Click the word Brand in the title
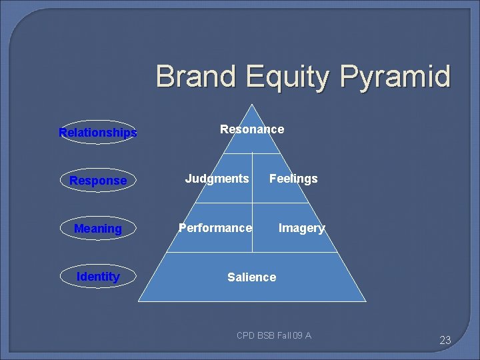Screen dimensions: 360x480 pyautogui.click(x=197, y=77)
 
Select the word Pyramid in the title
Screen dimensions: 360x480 pyautogui.click(x=395, y=77)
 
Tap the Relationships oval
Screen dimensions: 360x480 pyautogui.click(x=98, y=133)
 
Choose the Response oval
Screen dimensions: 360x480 pyautogui.click(x=98, y=181)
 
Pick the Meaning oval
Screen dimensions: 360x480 pyautogui.click(x=98, y=229)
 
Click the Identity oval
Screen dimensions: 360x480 pyautogui.click(x=98, y=277)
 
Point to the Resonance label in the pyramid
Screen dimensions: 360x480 pyautogui.click(x=252, y=129)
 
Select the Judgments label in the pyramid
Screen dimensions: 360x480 pyautogui.click(x=217, y=178)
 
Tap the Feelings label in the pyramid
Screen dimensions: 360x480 pyautogui.click(x=293, y=178)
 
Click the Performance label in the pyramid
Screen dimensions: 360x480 pyautogui.click(x=215, y=228)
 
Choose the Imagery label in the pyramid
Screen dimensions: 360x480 pyautogui.click(x=301, y=228)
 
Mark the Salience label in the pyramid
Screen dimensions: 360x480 pyautogui.click(x=251, y=277)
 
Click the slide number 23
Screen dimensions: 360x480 pyautogui.click(x=445, y=340)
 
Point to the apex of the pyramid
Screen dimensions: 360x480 pyautogui.click(x=252, y=105)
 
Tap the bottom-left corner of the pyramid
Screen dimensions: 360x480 pyautogui.click(x=139, y=301)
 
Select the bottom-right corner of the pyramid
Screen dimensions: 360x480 pyautogui.click(x=365, y=301)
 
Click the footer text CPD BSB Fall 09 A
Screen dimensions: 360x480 pyautogui.click(x=274, y=335)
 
